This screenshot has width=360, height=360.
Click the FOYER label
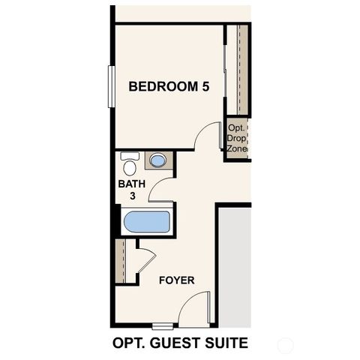177,280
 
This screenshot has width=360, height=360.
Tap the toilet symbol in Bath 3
130,162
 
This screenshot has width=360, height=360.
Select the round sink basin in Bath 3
158,160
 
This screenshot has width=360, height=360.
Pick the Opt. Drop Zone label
238,138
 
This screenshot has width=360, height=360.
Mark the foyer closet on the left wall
121,261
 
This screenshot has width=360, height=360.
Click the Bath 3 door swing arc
161,191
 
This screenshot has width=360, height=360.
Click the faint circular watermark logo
284,345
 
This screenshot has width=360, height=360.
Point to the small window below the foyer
161,325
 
